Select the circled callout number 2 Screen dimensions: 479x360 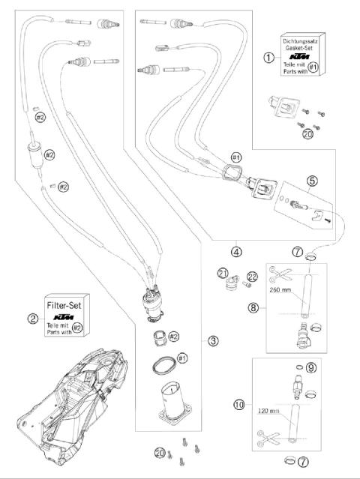(x=33, y=318)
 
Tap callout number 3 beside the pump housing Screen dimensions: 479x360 (x=214, y=341)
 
